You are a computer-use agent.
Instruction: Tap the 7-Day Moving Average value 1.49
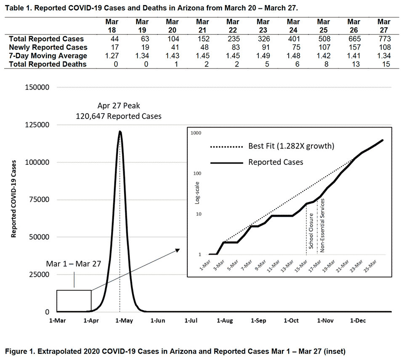[263, 56]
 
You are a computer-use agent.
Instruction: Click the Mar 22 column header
[233, 25]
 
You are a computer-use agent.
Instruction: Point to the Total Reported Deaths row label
[48, 64]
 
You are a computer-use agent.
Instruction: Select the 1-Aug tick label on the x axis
[225, 321]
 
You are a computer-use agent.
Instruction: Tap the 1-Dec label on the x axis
[358, 321]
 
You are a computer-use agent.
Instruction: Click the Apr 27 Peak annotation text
[118, 106]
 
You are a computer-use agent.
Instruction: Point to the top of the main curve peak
[120, 132]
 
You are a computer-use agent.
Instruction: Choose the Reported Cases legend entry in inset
[276, 162]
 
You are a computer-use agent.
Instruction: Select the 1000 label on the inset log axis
[197, 133]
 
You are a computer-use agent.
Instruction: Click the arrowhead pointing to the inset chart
[178, 250]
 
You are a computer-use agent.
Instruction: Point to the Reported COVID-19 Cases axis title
[14, 199]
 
